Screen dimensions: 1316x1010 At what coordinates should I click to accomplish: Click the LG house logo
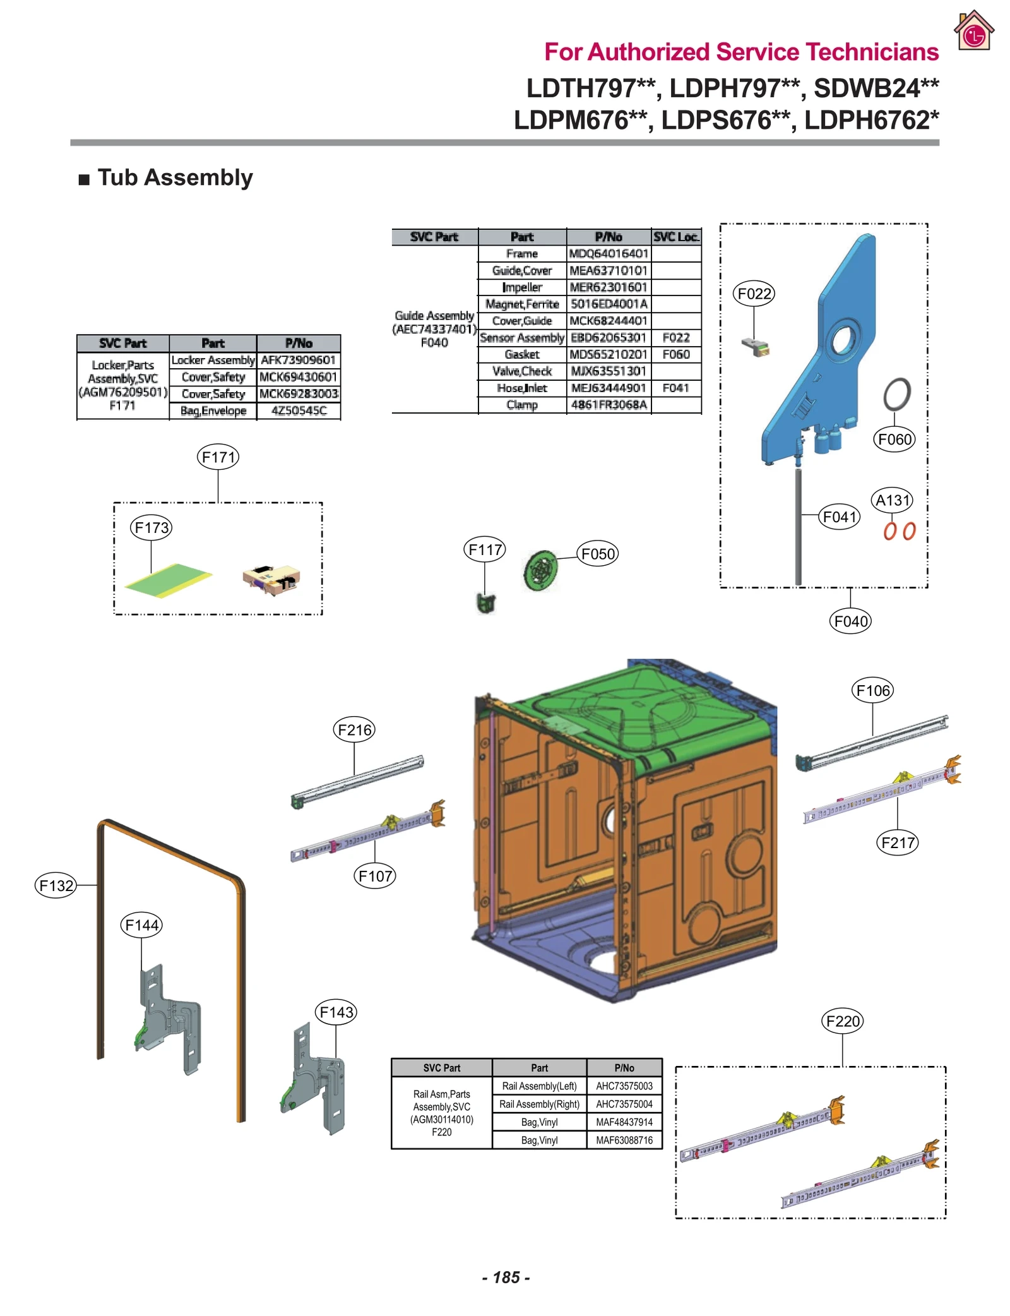point(973,31)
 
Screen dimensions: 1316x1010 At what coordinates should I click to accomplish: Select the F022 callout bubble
point(754,294)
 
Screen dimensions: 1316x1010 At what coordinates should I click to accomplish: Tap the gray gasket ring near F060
point(896,394)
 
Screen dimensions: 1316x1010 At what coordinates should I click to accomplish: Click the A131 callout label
point(893,500)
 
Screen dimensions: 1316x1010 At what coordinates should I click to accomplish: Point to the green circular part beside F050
point(541,570)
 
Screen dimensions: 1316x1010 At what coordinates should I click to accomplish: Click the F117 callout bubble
point(485,549)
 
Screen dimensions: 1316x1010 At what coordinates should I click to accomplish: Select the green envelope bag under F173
point(168,580)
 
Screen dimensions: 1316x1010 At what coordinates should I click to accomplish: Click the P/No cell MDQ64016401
point(609,254)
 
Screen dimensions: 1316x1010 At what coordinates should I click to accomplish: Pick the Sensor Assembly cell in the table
point(521,338)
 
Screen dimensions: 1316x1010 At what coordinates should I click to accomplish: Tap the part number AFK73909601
point(298,360)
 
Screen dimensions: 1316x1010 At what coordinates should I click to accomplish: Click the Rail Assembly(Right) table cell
point(539,1104)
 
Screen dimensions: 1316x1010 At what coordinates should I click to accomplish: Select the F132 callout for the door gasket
point(56,885)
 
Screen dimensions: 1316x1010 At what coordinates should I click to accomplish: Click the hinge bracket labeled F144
point(169,1017)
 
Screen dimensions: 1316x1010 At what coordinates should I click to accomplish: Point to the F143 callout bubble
point(336,1012)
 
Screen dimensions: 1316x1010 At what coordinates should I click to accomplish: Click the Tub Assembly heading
point(175,177)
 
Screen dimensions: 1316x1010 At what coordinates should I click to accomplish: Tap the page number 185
point(506,1277)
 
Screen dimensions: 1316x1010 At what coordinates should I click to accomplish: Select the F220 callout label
point(843,1021)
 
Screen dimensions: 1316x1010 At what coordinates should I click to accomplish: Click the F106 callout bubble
point(872,690)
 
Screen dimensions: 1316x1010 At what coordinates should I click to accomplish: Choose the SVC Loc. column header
point(675,237)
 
